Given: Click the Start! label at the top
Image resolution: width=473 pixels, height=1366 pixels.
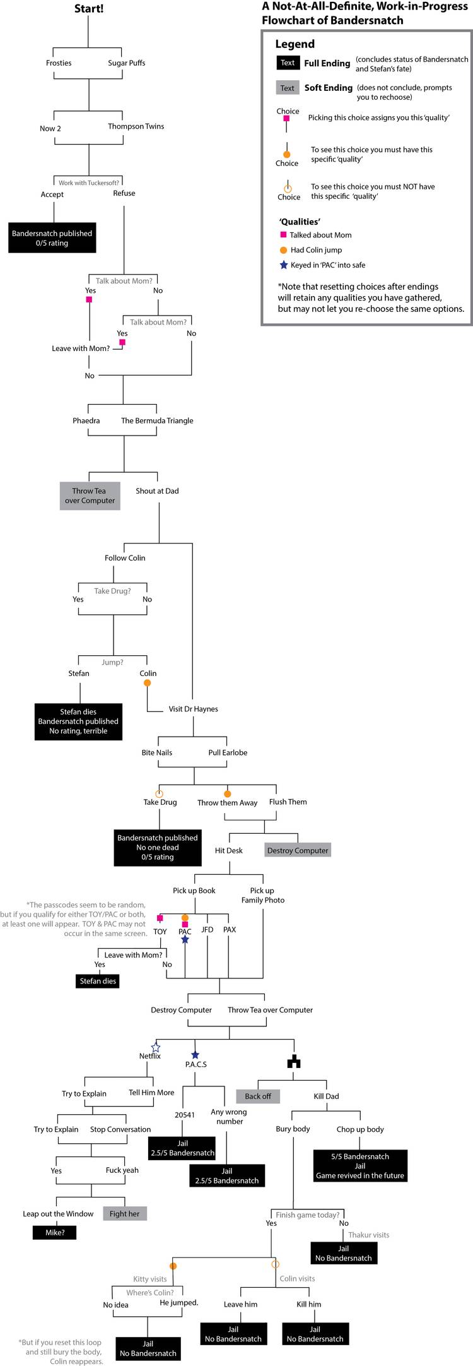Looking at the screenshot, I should tap(89, 9).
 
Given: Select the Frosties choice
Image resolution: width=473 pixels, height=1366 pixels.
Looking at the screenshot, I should tap(59, 63).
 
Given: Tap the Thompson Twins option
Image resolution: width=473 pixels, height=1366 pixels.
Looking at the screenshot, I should tap(136, 126).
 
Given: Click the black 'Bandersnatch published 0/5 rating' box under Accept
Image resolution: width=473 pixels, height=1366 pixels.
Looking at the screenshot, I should tap(52, 238).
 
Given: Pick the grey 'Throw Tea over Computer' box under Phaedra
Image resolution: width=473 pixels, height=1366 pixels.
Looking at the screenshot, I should tap(90, 496).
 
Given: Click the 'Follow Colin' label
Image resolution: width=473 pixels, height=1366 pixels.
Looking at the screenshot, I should tap(125, 558).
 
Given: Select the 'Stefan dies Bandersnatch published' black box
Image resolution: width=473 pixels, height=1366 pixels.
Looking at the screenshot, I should tap(78, 722).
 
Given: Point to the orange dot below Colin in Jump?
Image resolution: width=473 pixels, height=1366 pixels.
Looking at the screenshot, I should tap(147, 683).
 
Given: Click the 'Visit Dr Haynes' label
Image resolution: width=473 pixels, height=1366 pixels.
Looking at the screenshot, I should tap(193, 709).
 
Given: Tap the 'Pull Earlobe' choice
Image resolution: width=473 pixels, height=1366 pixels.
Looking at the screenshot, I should tap(228, 752).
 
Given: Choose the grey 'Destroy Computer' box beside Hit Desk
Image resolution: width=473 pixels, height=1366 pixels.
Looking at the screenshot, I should tap(298, 850).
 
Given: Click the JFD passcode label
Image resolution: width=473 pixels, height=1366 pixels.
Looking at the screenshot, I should tap(207, 930).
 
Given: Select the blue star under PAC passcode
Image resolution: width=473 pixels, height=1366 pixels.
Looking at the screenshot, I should tap(185, 940).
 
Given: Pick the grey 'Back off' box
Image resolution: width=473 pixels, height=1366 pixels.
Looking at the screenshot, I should tap(258, 1096).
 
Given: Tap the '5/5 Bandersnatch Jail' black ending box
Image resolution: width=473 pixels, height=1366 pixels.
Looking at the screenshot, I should tap(360, 1166).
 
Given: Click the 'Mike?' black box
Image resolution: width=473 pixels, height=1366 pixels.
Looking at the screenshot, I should tap(55, 1232).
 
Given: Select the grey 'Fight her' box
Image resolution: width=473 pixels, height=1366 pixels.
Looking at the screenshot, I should tap(124, 1213).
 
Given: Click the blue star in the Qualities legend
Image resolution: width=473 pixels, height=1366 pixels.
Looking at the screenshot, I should tap(283, 265).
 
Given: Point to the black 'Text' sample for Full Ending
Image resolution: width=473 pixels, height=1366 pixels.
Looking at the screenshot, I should tap(288, 63).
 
